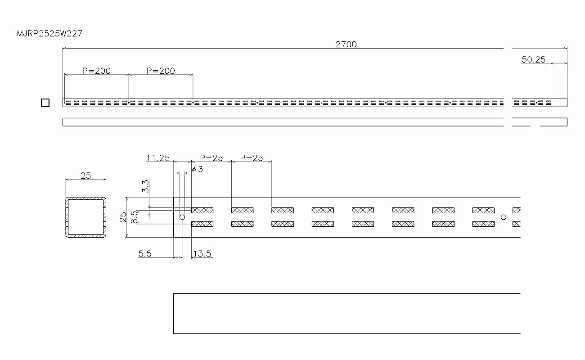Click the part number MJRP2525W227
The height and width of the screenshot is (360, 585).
tap(49, 34)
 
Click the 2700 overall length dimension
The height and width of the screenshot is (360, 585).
tap(346, 44)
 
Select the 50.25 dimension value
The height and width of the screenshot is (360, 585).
tap(533, 59)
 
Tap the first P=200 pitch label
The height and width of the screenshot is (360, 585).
tap(96, 71)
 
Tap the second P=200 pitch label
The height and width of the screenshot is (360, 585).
tap(161, 71)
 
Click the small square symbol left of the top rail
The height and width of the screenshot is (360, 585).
tap(45, 103)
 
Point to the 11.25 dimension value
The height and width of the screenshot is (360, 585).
tap(158, 157)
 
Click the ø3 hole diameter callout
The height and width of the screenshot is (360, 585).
tap(197, 169)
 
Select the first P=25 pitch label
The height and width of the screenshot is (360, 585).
tap(211, 157)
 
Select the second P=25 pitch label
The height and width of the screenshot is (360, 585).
tap(252, 157)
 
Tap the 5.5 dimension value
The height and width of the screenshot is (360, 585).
tap(145, 254)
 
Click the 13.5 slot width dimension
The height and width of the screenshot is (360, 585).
tap(202, 254)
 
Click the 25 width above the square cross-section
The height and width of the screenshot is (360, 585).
tap(85, 175)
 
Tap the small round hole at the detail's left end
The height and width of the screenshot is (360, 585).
tap(182, 217)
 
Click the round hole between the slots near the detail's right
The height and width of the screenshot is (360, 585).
tap(504, 217)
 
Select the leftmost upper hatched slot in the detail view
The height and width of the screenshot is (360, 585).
tap(202, 210)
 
